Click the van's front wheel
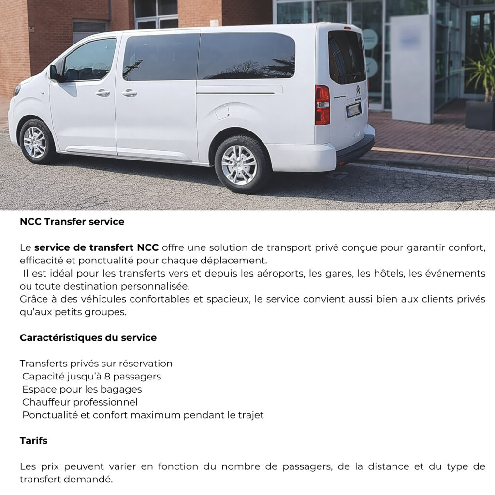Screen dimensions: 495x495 click(x=35, y=142)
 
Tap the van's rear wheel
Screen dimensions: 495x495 click(x=239, y=164)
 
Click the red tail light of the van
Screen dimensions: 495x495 click(x=322, y=105)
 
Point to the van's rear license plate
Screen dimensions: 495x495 click(x=354, y=110)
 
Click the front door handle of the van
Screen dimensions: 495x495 click(x=102, y=93)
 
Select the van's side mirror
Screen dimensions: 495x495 click(x=54, y=73)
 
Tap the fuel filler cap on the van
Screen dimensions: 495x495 click(x=222, y=112)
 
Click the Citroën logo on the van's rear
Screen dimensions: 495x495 click(x=358, y=90)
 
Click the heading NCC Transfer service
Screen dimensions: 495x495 click(x=72, y=222)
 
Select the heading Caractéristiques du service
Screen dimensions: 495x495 click(x=88, y=337)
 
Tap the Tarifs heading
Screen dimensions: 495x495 click(x=33, y=441)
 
